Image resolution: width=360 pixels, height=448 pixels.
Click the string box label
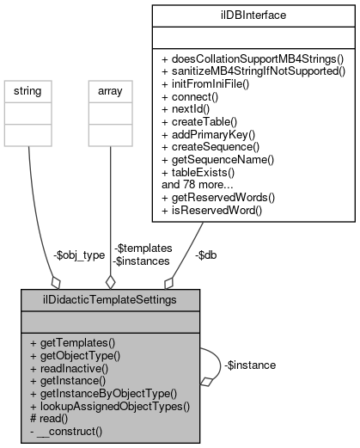pos(28,90)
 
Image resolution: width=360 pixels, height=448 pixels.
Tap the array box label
pos(110,90)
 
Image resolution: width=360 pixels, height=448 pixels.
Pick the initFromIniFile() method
pos(211,83)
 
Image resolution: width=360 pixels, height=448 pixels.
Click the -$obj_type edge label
pos(78,255)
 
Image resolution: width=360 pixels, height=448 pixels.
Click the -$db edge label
pos(205,255)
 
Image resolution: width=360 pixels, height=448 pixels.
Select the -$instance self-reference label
pos(250,365)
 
